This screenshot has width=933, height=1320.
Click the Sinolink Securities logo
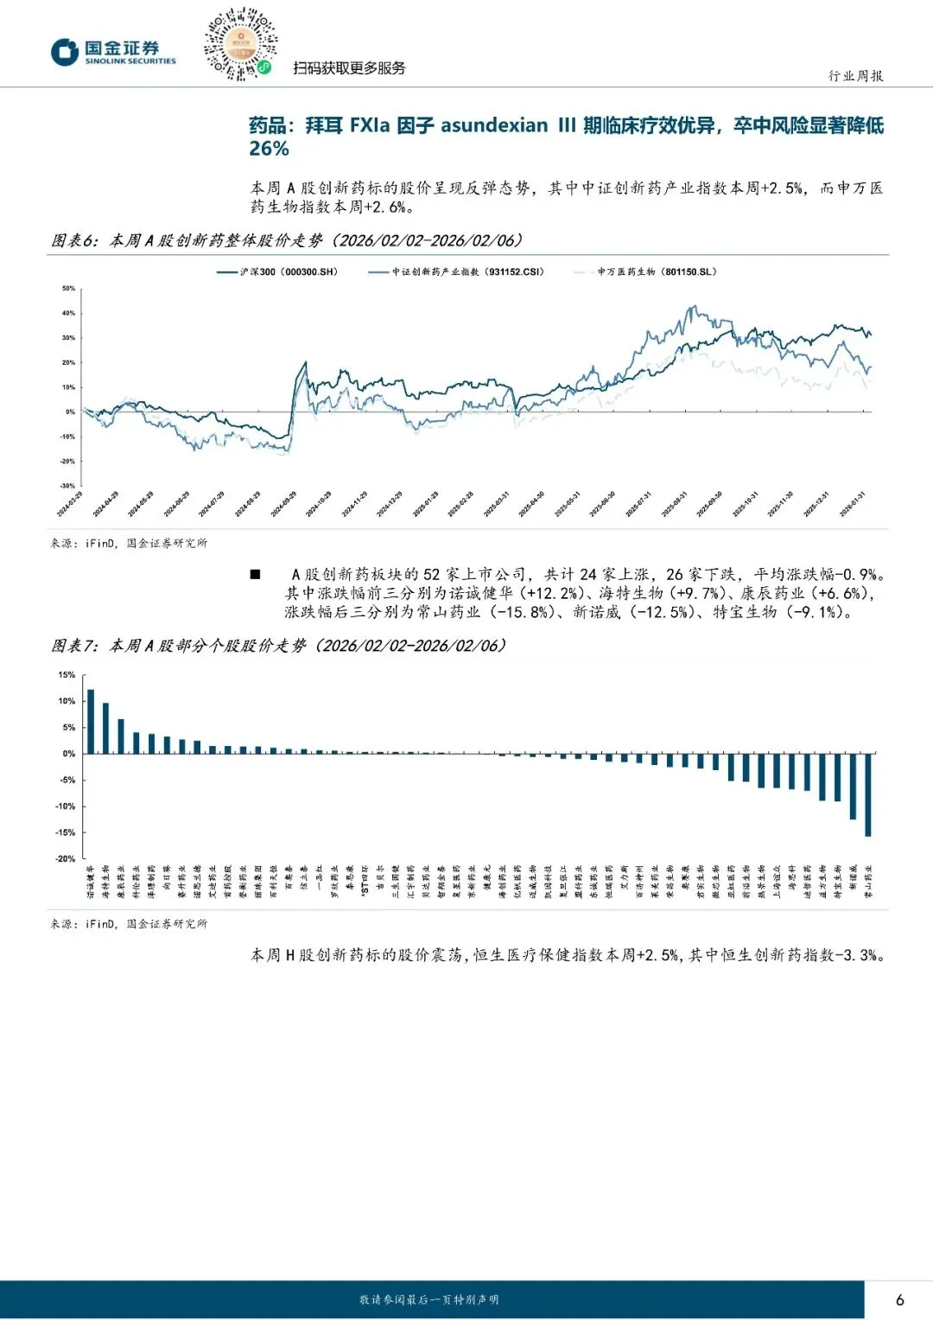tap(112, 52)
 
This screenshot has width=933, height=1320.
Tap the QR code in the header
tap(241, 44)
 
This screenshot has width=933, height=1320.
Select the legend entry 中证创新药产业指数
tap(457, 271)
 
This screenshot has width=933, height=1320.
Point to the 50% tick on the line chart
tap(68, 289)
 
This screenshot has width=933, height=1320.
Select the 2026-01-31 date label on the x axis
tap(853, 504)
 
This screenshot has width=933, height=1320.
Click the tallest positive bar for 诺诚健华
tap(91, 721)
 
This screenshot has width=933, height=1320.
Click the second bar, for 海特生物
tap(105, 728)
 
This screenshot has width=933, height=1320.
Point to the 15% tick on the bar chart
tap(67, 675)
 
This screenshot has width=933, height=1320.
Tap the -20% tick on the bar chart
tap(66, 859)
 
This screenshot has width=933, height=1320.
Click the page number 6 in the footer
tap(900, 1299)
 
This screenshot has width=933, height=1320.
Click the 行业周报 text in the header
tap(855, 76)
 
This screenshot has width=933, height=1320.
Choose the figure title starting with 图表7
tap(278, 646)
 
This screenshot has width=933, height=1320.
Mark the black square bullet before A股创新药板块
tap(255, 574)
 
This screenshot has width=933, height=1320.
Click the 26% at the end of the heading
tap(269, 149)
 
